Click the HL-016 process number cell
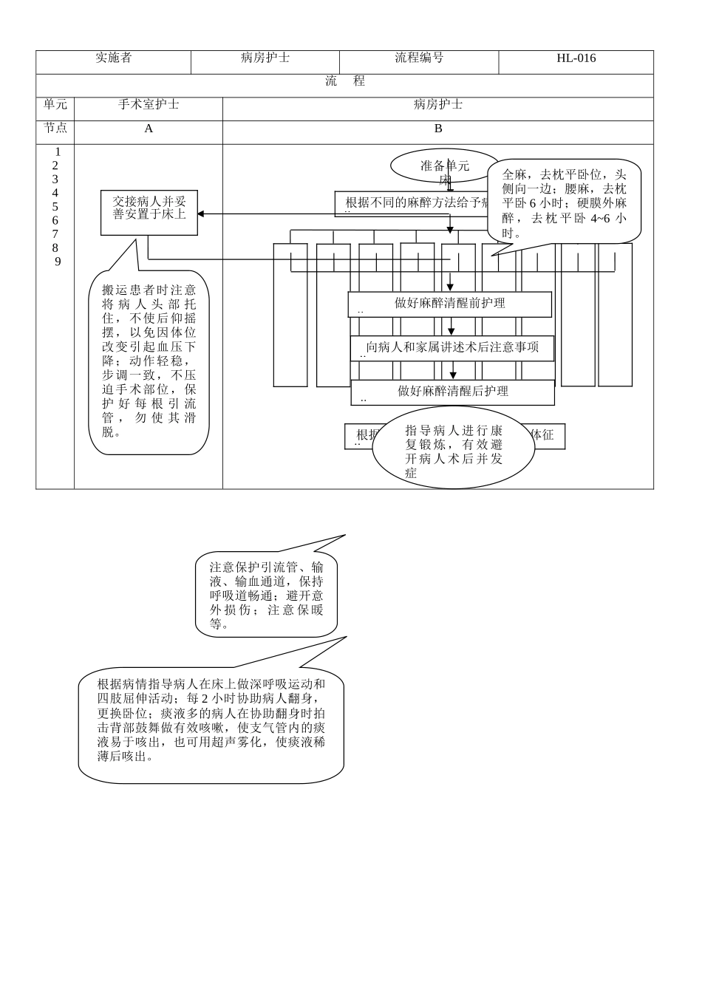click(x=576, y=59)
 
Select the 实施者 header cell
click(x=113, y=58)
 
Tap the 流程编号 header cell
click(x=418, y=58)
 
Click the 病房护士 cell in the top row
click(x=265, y=58)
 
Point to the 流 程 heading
click(x=344, y=82)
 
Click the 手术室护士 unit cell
click(x=149, y=105)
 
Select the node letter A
click(x=149, y=129)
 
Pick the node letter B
click(x=437, y=129)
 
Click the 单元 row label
click(x=55, y=105)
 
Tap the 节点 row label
click(x=55, y=129)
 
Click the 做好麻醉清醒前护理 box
click(x=449, y=304)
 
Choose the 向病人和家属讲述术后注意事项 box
click(x=451, y=348)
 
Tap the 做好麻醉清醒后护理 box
click(x=452, y=392)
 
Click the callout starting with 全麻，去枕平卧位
click(x=564, y=202)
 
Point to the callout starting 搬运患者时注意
click(x=149, y=361)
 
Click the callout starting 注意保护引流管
click(x=266, y=595)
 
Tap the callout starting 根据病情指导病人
click(x=211, y=721)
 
